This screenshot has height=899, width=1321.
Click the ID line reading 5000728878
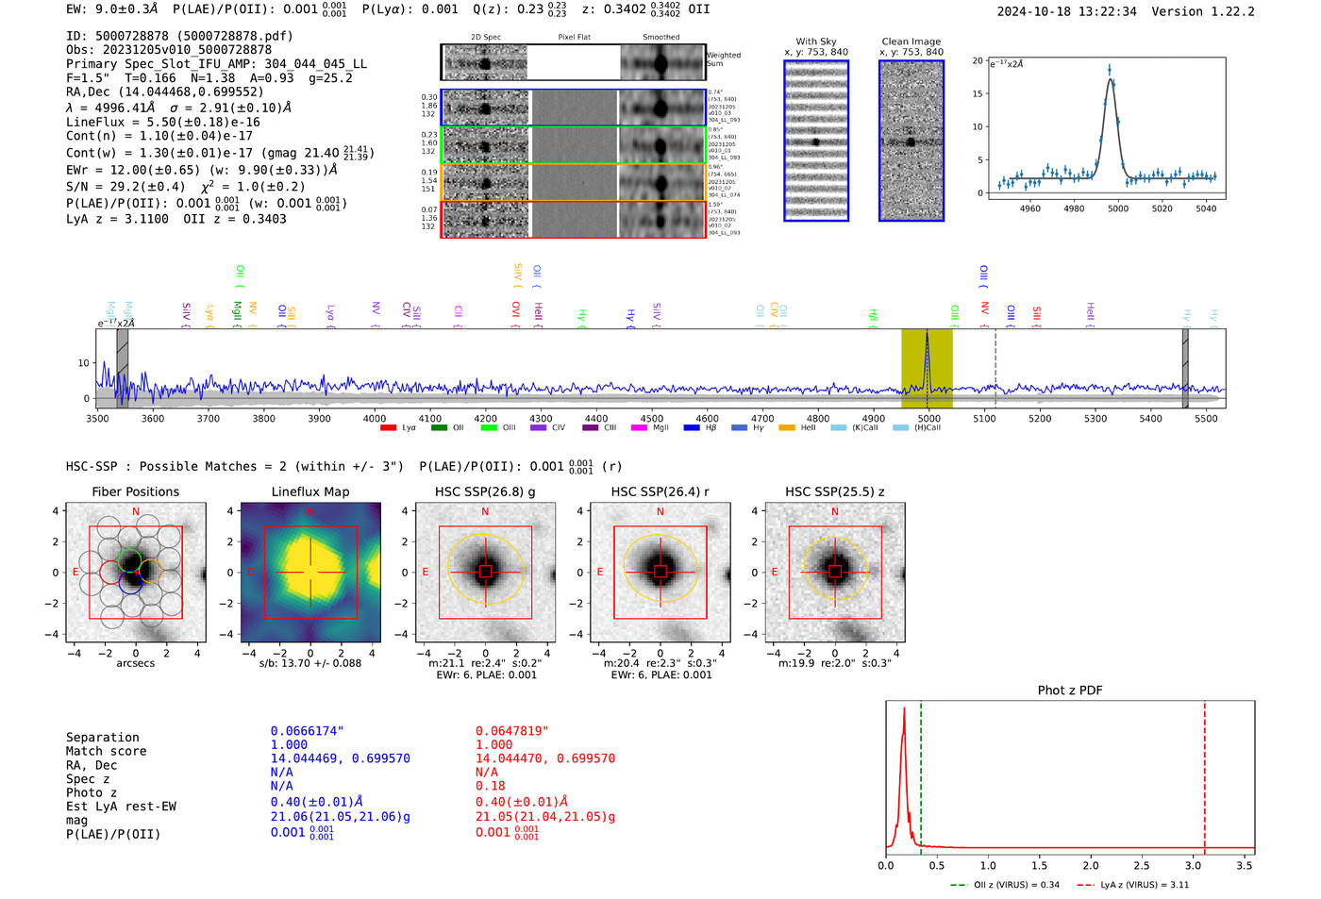[179, 36]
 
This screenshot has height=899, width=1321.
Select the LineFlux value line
[162, 123]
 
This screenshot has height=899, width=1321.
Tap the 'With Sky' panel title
[815, 42]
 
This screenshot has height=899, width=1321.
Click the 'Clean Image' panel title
[911, 42]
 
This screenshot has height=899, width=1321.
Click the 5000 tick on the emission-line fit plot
[1118, 208]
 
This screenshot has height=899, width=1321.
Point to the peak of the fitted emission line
[1111, 79]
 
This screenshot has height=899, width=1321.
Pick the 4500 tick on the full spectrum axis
[651, 419]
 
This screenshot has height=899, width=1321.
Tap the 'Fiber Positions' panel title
[135, 491]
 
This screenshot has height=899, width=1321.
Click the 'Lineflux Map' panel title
[309, 491]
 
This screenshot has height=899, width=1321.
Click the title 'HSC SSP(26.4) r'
[660, 491]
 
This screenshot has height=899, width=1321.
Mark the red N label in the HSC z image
[835, 512]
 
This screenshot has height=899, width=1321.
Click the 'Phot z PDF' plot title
[1069, 691]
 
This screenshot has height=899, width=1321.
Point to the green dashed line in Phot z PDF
[921, 774]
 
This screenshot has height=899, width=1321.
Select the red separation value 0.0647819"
[511, 731]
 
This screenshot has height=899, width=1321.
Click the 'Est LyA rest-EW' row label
[121, 807]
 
